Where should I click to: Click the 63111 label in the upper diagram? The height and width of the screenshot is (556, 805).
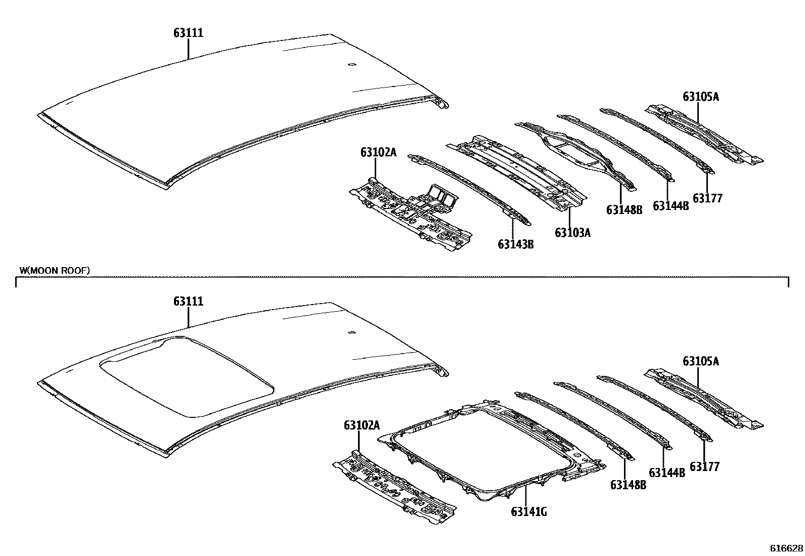tap(188, 33)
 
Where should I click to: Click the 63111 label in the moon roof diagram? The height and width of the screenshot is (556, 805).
tap(188, 302)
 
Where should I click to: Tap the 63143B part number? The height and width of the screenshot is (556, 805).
tap(515, 245)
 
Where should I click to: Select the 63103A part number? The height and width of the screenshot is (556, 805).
tap(572, 233)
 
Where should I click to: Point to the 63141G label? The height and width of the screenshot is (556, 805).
tap(529, 511)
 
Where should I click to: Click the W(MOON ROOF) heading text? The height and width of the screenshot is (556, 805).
tap(55, 271)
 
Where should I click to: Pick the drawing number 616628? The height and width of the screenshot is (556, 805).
tap(786, 548)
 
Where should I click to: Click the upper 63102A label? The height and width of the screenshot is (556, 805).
tap(378, 152)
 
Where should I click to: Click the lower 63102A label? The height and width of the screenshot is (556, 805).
tap(362, 425)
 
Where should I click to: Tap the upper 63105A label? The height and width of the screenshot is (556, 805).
tap(700, 97)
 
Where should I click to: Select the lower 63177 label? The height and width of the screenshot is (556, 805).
tap(704, 466)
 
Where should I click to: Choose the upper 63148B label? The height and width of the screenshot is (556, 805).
tap(624, 209)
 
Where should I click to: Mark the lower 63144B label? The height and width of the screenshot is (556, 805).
tap(666, 473)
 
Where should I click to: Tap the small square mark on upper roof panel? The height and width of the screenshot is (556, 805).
tap(350, 65)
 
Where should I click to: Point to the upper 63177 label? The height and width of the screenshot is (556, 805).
tap(707, 198)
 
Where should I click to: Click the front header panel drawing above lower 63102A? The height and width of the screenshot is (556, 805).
tap(394, 486)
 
